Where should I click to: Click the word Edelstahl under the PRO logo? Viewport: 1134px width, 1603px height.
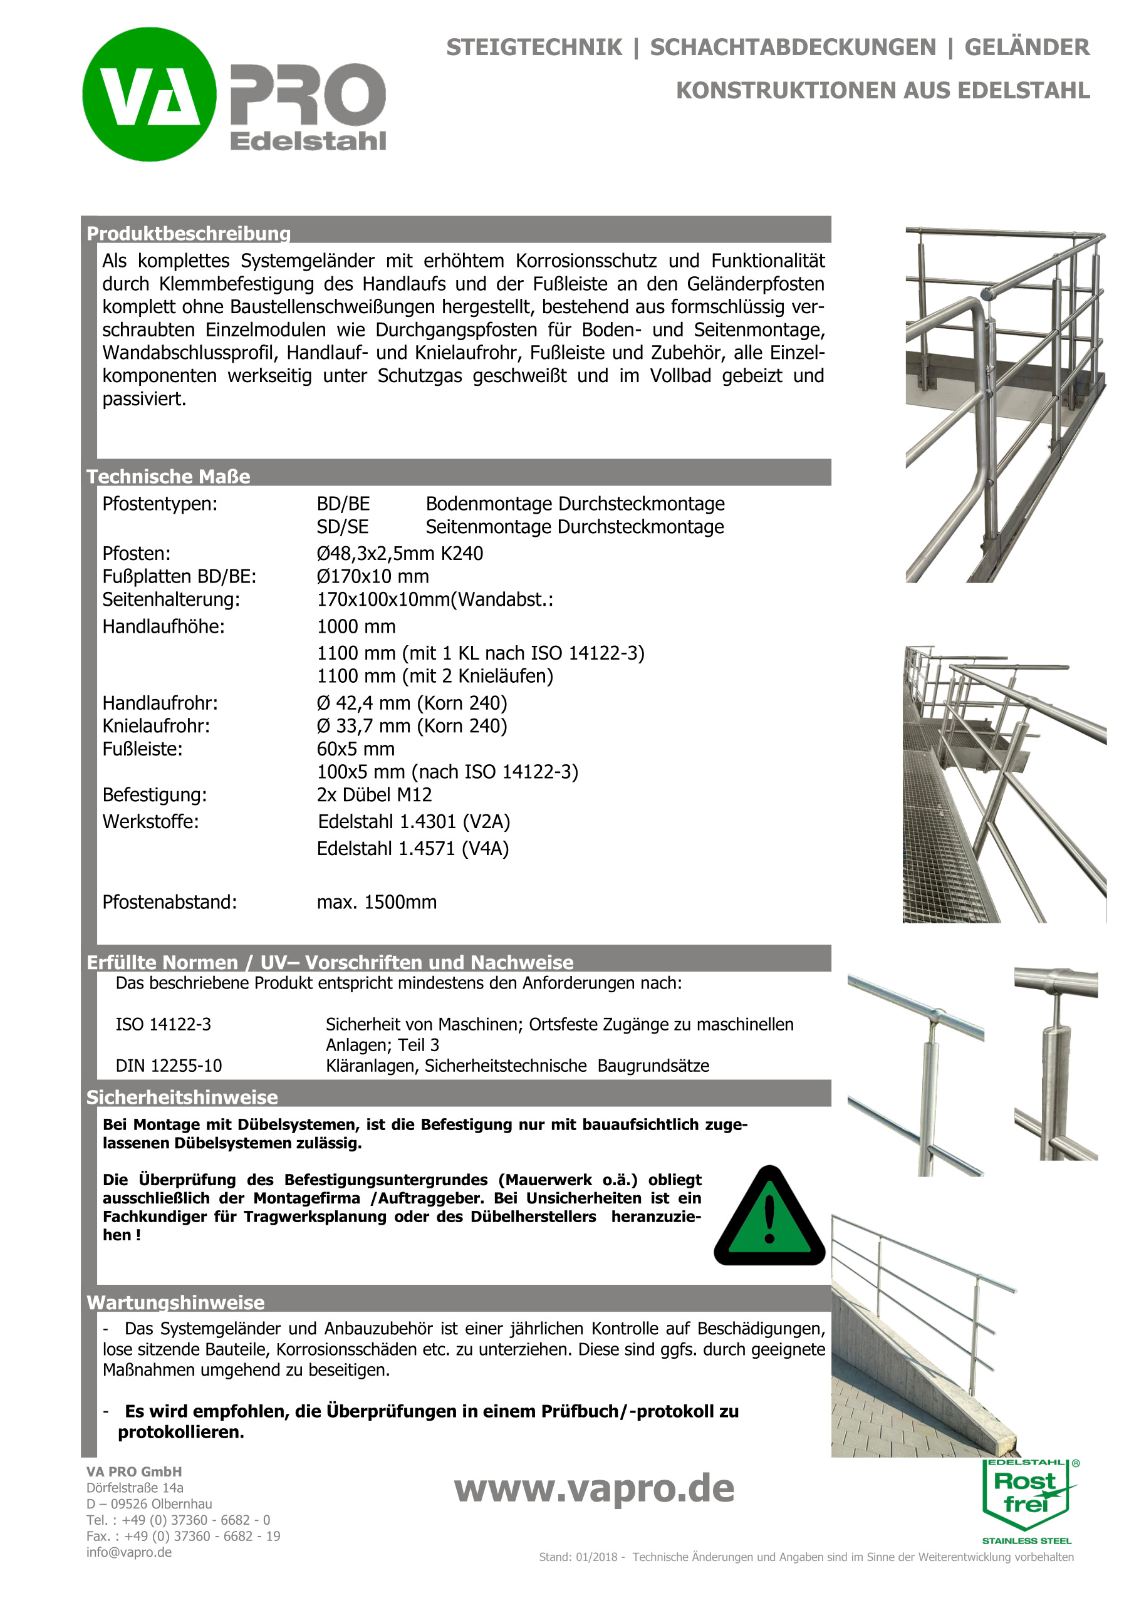[308, 141]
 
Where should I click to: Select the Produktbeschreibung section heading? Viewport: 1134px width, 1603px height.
[189, 233]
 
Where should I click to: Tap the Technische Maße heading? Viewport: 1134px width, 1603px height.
[169, 476]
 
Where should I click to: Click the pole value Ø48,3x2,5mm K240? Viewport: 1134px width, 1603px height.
[400, 554]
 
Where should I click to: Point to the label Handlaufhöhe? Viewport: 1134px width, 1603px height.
[164, 626]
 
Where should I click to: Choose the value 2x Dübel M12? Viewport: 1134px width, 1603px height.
[374, 794]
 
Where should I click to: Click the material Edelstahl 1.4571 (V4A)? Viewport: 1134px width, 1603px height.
[413, 848]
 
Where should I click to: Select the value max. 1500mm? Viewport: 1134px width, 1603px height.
[377, 902]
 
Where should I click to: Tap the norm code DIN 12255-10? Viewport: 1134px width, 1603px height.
[169, 1066]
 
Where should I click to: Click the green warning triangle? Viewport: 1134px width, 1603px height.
[769, 1218]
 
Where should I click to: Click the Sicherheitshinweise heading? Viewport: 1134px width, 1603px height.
[182, 1097]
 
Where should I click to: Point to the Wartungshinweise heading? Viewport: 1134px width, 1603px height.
[175, 1302]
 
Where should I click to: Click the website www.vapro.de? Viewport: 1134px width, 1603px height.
[594, 1489]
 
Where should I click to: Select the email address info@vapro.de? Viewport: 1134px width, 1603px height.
[129, 1552]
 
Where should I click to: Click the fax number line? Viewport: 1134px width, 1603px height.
[183, 1536]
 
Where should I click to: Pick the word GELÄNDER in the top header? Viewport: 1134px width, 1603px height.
[1026, 48]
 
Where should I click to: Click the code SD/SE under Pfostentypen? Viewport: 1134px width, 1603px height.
[342, 527]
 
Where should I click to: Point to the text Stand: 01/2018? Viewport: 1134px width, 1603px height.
[578, 1557]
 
